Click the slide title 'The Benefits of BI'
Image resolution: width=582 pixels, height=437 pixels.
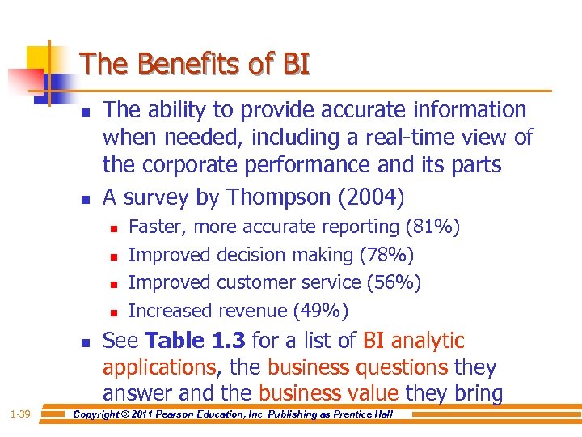pyautogui.click(x=195, y=64)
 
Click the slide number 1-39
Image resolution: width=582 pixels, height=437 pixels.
pyautogui.click(x=20, y=414)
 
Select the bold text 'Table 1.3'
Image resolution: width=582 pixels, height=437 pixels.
pyautogui.click(x=192, y=341)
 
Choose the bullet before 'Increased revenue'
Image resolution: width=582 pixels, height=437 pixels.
pyautogui.click(x=113, y=312)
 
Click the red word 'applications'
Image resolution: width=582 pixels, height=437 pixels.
pyautogui.click(x=159, y=367)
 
